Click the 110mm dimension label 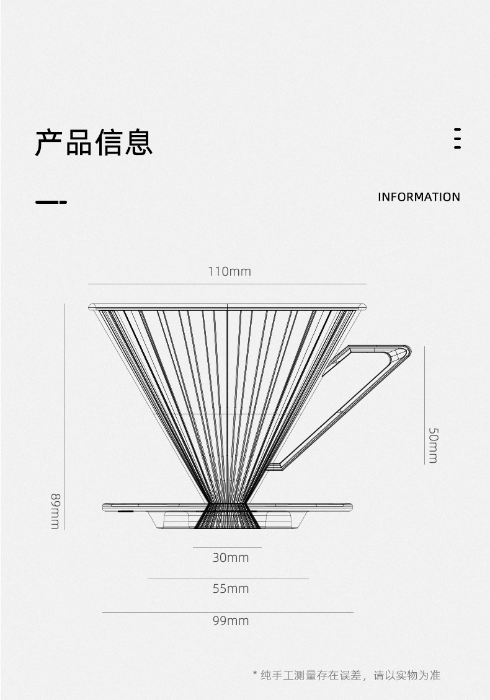(229, 271)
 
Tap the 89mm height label (55, 511)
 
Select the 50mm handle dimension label (432, 444)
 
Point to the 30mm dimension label (230, 558)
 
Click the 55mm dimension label (230, 588)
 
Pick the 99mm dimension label (230, 621)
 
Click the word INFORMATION (419, 197)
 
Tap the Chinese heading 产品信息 (94, 142)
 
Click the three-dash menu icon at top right (457, 139)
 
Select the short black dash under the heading (51, 202)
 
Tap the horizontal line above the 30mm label (227, 547)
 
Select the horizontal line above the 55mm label (228, 579)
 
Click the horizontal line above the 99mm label (228, 612)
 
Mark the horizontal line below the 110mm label (227, 284)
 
